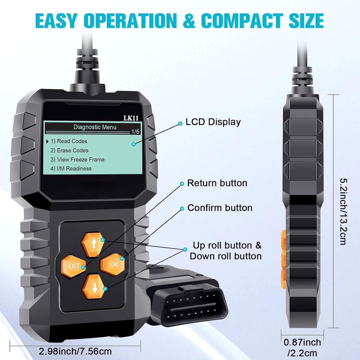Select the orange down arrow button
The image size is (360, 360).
(94, 286)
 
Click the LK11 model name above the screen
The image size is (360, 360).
(130, 118)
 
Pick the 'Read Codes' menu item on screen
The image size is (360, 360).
(72, 141)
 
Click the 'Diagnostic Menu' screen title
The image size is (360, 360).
(95, 127)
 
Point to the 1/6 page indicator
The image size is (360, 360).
(135, 132)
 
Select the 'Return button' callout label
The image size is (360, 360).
(217, 183)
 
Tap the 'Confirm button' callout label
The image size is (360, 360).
(220, 208)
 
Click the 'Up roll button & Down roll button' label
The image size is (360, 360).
(226, 251)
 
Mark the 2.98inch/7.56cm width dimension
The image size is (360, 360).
(75, 351)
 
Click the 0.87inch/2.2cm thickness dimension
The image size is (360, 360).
(302, 347)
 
